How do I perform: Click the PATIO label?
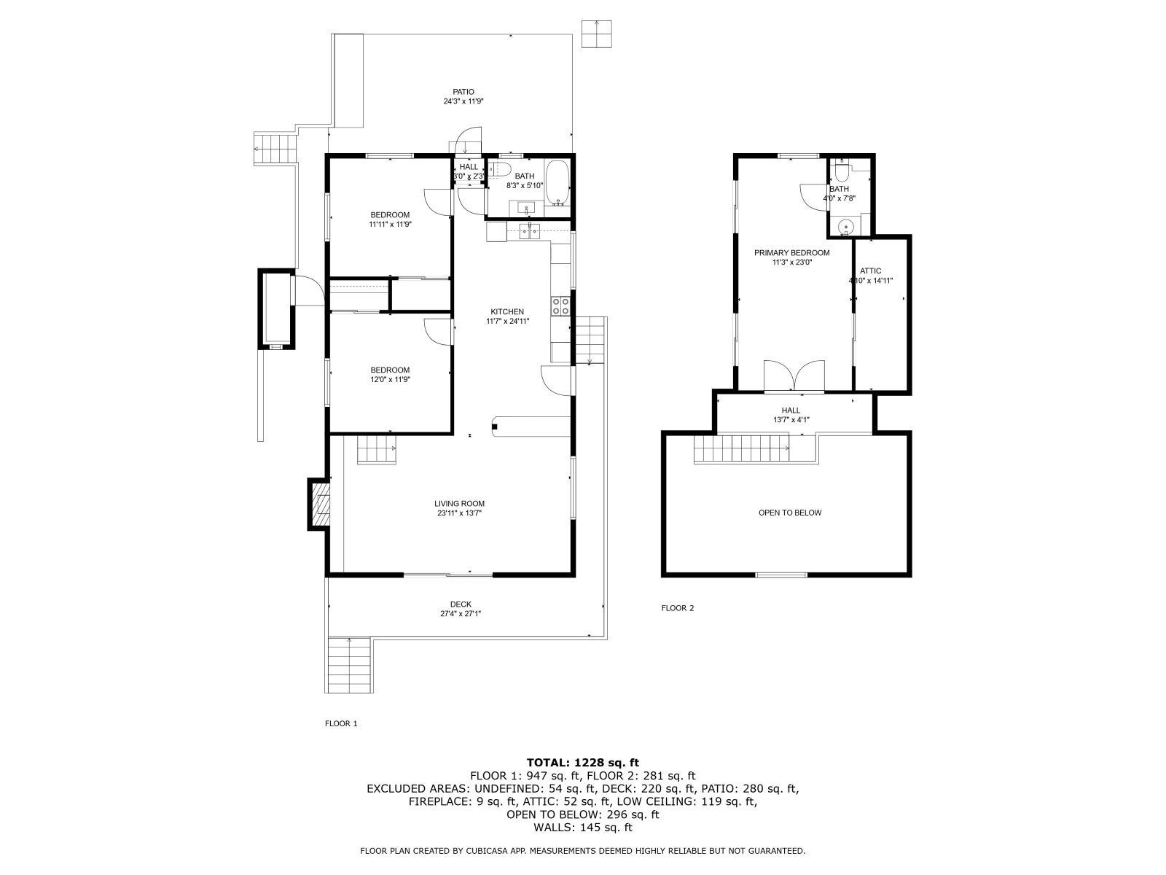tap(463, 92)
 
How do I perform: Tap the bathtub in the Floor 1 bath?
tap(557, 182)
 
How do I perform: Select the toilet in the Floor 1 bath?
tap(498, 171)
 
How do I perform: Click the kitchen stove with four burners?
tap(560, 306)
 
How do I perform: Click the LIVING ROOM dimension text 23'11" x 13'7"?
tap(459, 513)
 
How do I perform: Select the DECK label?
tap(461, 604)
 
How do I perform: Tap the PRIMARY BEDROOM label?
tap(791, 253)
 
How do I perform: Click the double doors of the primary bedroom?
tap(794, 376)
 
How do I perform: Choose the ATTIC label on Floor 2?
tap(870, 271)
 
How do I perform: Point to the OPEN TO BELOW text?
tap(789, 513)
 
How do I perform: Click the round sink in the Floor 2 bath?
tap(845, 227)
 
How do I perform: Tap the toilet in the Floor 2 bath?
tap(842, 172)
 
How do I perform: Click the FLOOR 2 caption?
tap(677, 608)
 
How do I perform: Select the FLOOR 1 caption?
tap(341, 724)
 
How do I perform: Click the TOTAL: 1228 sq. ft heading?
tap(583, 763)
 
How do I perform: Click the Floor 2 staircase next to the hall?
tap(740, 448)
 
